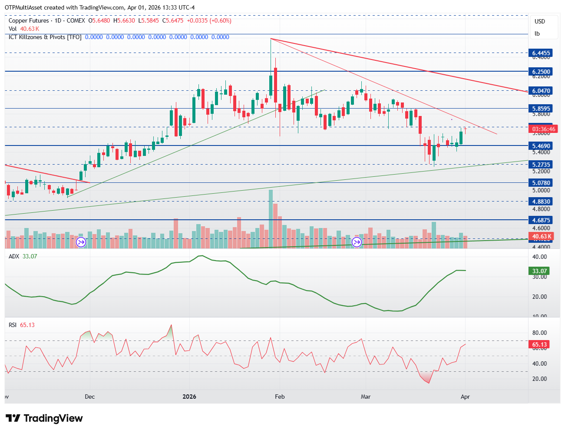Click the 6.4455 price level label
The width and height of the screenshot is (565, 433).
coord(541,53)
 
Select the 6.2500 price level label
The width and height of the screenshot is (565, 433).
coord(541,72)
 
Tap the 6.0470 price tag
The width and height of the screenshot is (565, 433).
coord(541,91)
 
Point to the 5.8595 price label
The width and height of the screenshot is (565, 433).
coord(541,109)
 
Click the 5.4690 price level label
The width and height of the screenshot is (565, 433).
coord(541,146)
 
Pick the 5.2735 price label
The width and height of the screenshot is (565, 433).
coord(541,165)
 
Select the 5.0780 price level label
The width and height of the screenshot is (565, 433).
coord(541,183)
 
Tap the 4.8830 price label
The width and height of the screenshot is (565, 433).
coord(541,202)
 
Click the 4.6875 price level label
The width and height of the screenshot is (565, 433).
coord(541,220)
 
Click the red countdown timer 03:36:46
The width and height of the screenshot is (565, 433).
coord(543,129)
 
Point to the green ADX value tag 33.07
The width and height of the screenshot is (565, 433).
coord(540,271)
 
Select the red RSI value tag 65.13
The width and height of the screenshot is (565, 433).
coord(540,344)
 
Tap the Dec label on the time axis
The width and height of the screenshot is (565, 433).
coord(90,397)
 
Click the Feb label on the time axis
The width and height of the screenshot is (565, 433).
coord(280,397)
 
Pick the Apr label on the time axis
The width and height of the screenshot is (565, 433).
coord(465,397)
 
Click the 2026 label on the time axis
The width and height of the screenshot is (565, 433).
coord(189,397)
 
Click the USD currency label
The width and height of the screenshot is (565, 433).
coord(540,21)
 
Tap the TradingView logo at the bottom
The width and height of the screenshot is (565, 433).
coord(44,418)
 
